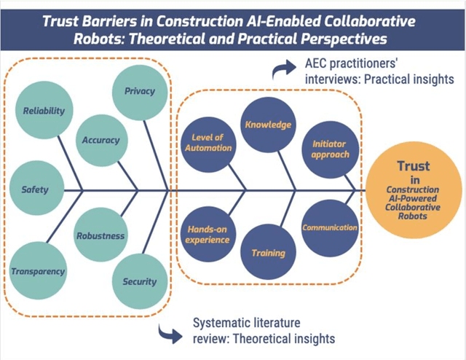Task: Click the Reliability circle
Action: click(44, 111)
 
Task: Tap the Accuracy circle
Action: click(101, 140)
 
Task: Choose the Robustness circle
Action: click(100, 235)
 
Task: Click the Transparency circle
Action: click(38, 271)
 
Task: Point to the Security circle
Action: click(139, 281)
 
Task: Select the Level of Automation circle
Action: click(212, 142)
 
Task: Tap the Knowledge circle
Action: click(267, 125)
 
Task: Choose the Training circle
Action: click(268, 253)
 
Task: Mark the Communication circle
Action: click(330, 227)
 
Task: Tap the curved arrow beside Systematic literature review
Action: click(170, 333)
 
